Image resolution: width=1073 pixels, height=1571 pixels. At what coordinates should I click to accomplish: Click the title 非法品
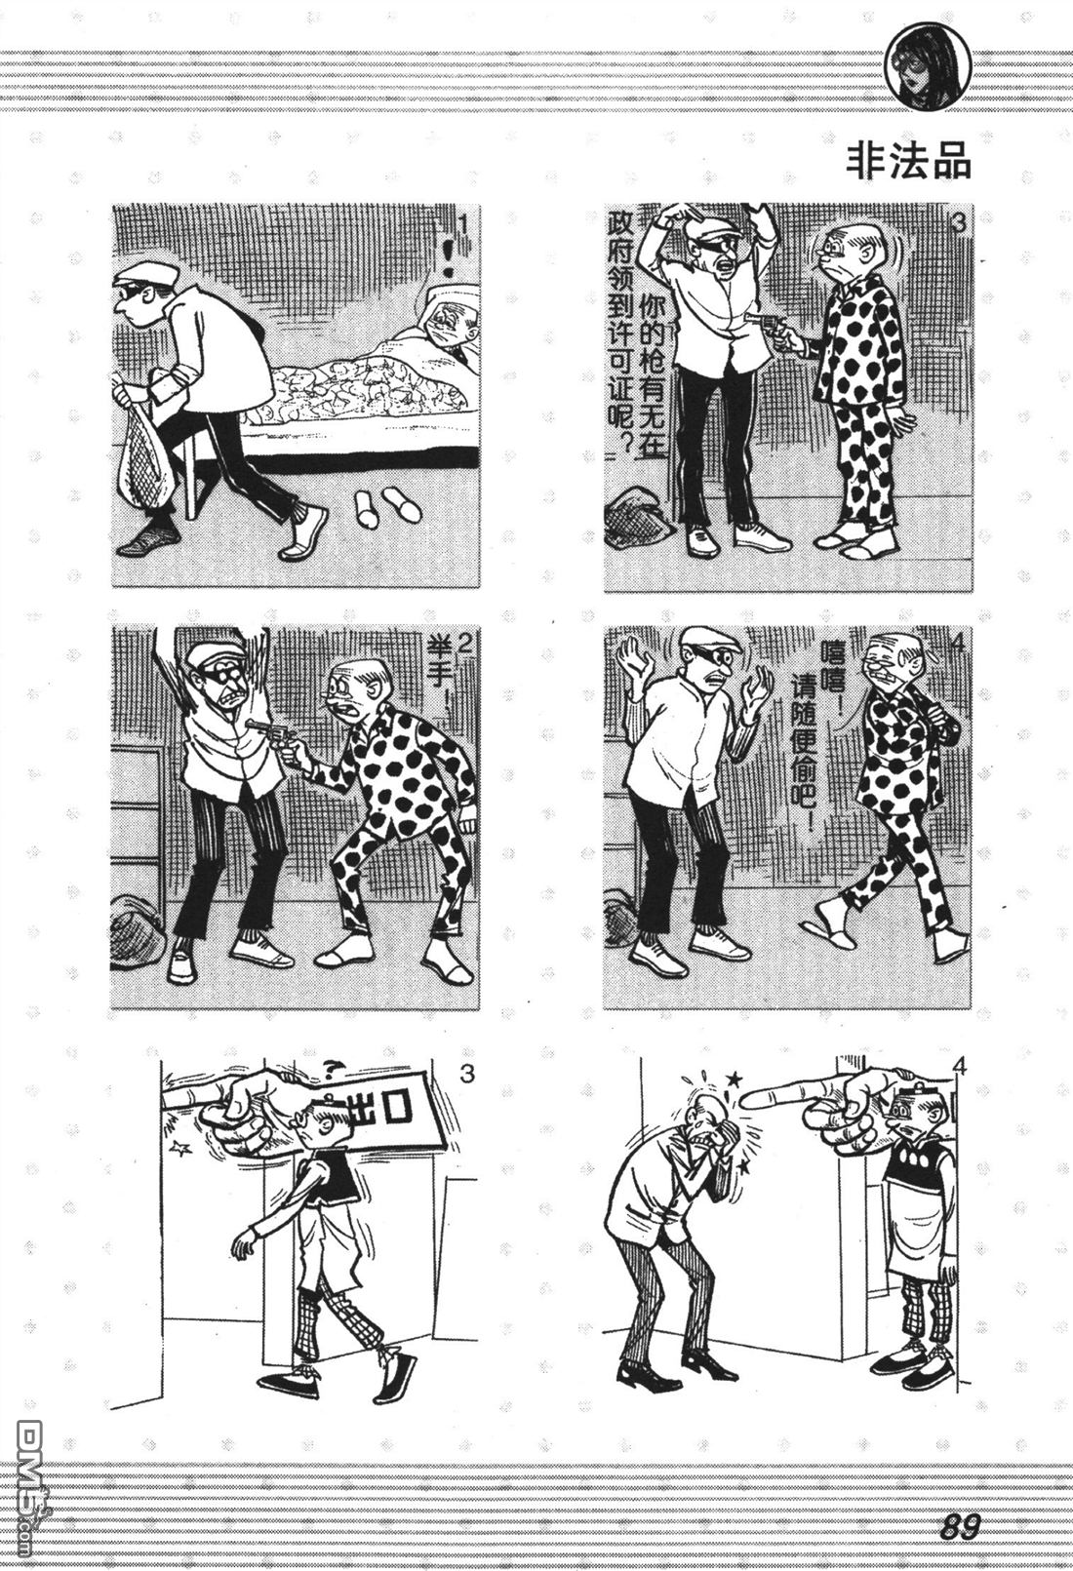[x=908, y=162]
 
